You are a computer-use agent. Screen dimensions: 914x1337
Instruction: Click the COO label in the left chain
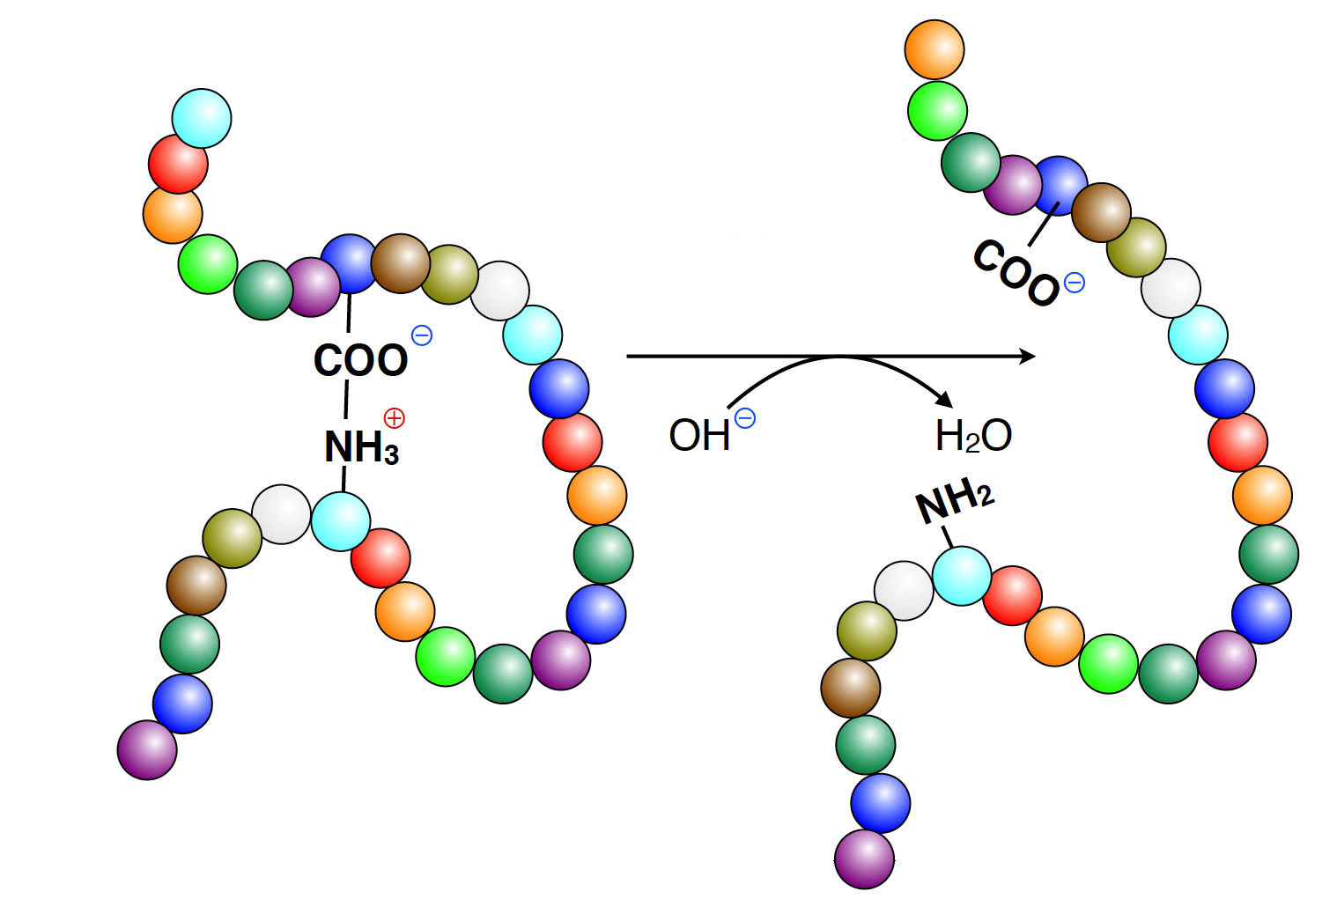(x=361, y=359)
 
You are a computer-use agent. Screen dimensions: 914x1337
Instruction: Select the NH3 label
(x=361, y=446)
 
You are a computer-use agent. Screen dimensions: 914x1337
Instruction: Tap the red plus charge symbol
(x=394, y=417)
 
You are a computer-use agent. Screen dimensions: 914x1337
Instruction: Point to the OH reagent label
(x=699, y=435)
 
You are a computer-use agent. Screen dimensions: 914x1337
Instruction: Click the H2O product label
(x=973, y=435)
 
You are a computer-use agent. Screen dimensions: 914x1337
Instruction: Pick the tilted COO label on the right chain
(x=1016, y=272)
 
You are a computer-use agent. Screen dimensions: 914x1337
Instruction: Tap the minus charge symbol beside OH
(x=745, y=418)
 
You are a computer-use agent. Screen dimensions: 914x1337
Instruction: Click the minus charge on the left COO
(x=422, y=335)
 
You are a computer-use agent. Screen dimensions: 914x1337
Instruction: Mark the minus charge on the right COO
(x=1075, y=283)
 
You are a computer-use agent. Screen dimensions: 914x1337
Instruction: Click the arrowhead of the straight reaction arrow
(x=1028, y=357)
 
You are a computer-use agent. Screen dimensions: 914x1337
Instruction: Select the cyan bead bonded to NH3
(x=341, y=521)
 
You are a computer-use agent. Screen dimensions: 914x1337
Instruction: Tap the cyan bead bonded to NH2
(x=962, y=576)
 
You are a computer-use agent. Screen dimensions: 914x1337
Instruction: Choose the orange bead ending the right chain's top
(x=934, y=49)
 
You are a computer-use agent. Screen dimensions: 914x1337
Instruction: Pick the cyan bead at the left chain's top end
(x=202, y=118)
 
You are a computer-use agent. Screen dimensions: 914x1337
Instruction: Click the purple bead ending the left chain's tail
(x=147, y=749)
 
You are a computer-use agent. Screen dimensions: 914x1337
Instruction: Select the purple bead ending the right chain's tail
(x=864, y=859)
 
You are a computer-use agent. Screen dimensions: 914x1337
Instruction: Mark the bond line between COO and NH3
(x=346, y=401)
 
